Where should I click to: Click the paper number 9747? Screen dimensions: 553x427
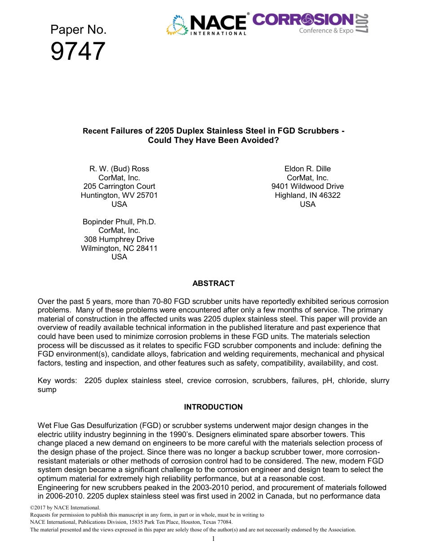(x=78, y=51)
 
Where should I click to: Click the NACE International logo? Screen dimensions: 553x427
(x=207, y=25)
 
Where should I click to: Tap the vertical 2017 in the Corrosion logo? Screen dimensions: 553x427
(x=362, y=23)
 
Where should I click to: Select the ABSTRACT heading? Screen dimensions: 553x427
(x=213, y=283)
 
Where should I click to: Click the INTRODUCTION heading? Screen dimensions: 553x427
(x=213, y=407)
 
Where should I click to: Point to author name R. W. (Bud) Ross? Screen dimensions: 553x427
(x=119, y=169)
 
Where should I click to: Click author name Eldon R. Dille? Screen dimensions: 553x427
(x=307, y=169)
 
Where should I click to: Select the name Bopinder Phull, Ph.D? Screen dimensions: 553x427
(x=119, y=222)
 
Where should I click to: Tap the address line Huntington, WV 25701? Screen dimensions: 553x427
(x=119, y=195)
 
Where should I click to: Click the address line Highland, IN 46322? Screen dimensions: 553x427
(x=307, y=195)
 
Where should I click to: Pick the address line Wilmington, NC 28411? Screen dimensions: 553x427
(x=119, y=248)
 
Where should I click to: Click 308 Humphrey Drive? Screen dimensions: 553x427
(x=119, y=239)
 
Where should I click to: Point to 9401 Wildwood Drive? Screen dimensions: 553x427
(x=307, y=186)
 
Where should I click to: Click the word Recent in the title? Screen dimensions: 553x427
(x=95, y=131)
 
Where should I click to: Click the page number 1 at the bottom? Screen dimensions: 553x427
(x=213, y=539)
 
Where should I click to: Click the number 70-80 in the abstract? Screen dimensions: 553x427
(x=151, y=301)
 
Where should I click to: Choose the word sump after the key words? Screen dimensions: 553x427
(x=47, y=389)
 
